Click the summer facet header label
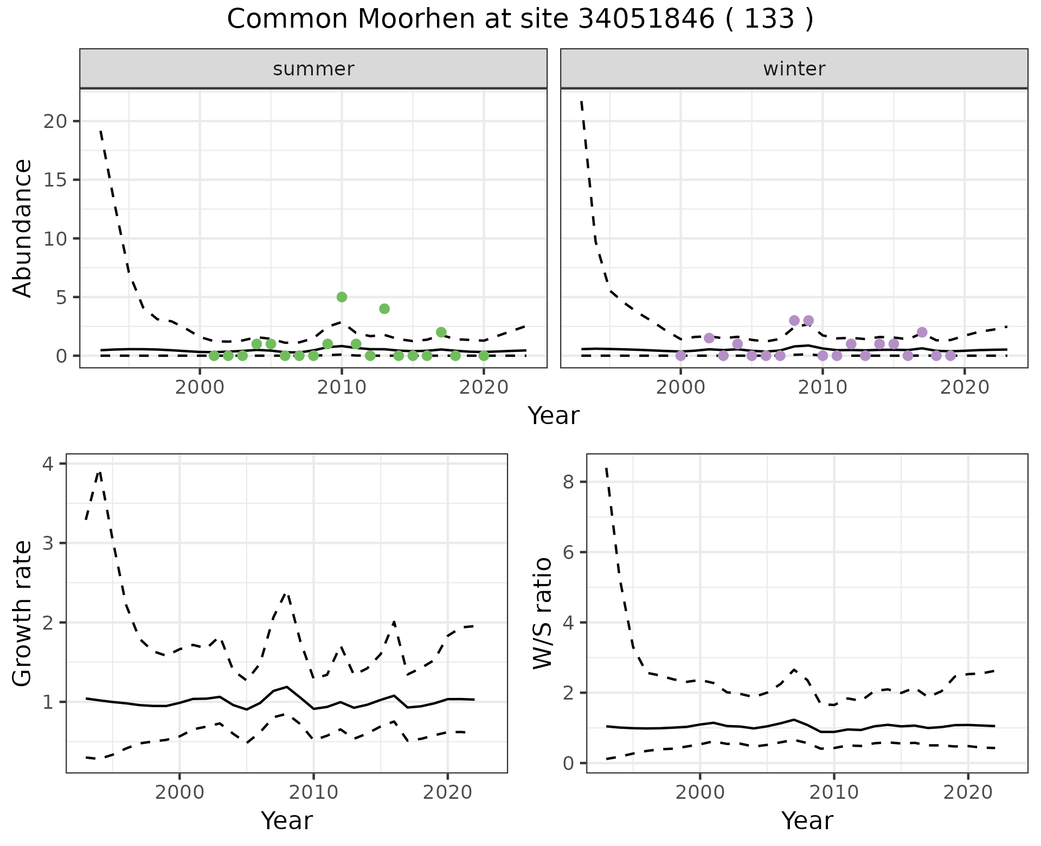(313, 69)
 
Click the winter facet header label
(794, 69)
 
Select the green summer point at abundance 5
(342, 297)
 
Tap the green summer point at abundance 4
(384, 309)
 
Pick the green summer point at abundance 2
(441, 332)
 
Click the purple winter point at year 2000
(680, 356)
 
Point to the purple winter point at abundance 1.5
(709, 338)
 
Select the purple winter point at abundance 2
(922, 332)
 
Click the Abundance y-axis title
(23, 228)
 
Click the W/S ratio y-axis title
(542, 613)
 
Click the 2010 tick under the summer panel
(342, 388)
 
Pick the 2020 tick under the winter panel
(965, 388)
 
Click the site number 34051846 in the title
(646, 20)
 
